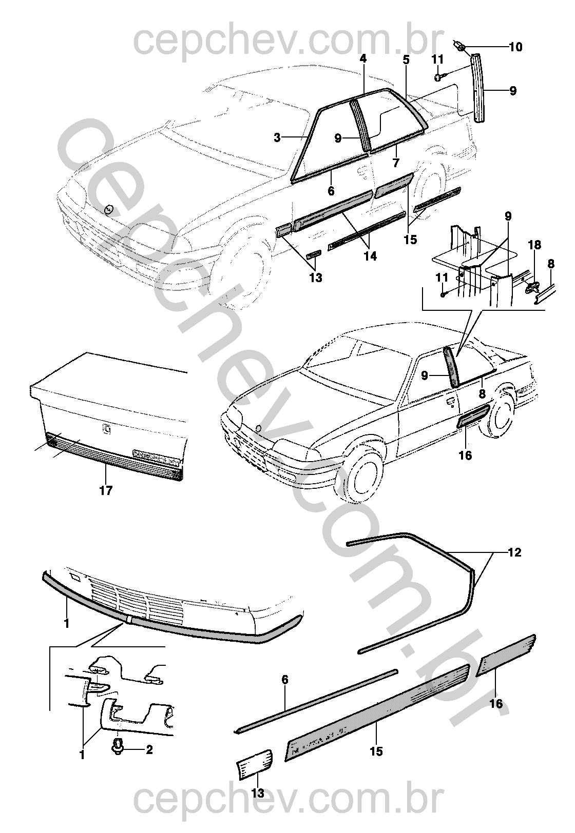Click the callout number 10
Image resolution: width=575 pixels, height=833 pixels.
point(515,47)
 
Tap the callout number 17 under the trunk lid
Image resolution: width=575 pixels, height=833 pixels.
point(106,490)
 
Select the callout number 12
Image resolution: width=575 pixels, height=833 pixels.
point(514,552)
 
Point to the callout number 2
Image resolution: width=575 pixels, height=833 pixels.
point(149,750)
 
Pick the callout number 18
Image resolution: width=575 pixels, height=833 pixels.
point(534,245)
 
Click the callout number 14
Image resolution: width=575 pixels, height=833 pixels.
point(370,256)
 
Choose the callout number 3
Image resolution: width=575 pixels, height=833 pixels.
point(277,137)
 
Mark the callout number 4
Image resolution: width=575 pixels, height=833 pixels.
point(363,58)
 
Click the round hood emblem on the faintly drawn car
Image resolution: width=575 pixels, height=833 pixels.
point(108,209)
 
